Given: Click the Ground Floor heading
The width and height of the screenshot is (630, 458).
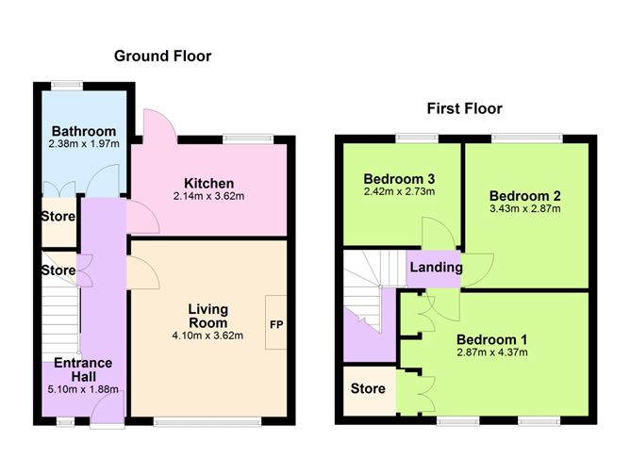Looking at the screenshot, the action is [x=163, y=56].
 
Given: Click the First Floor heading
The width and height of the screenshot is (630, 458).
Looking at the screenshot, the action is [x=464, y=108].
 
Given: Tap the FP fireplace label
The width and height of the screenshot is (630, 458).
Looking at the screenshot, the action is [x=276, y=324].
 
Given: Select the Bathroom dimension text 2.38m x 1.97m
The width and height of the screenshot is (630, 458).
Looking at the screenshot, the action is [x=84, y=143].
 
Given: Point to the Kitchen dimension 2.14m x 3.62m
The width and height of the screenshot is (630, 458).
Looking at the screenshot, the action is [x=209, y=196].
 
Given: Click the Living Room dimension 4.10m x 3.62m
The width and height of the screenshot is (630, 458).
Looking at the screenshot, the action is [x=207, y=335].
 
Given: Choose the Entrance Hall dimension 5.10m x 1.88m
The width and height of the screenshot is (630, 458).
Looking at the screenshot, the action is [x=83, y=389].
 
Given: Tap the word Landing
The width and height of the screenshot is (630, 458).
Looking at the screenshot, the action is [x=436, y=268].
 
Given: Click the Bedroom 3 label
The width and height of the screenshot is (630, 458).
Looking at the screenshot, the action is [x=399, y=179].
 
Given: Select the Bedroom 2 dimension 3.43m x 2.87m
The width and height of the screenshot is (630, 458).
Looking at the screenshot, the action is [x=525, y=208].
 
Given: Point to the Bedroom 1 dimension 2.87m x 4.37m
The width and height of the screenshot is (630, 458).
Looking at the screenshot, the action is [x=492, y=352].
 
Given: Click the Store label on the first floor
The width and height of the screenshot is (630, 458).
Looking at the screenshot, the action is [x=368, y=388].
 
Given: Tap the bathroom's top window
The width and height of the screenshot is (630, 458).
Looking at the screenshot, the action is [x=67, y=85].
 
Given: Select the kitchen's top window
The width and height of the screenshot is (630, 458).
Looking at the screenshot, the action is [x=249, y=139].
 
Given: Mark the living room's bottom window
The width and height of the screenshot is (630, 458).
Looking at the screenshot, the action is [x=207, y=421].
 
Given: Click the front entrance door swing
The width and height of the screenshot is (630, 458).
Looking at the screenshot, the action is [x=106, y=405].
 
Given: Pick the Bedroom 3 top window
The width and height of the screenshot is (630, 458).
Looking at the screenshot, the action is [x=417, y=139].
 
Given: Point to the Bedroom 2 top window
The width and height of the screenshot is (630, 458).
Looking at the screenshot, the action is [x=527, y=139].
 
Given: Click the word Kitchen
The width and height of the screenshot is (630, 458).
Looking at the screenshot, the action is [x=209, y=184].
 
